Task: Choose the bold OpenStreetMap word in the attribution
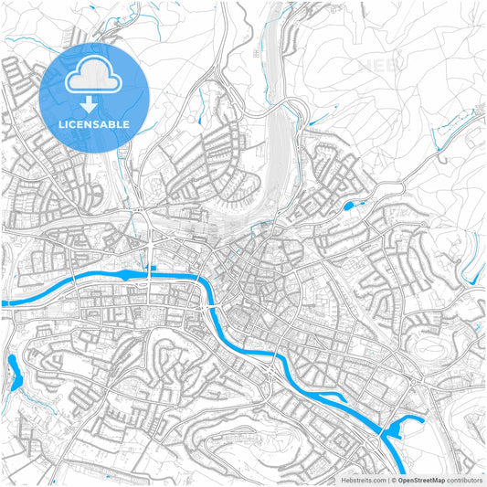point(422,479)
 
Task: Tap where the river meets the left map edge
point(3,302)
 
